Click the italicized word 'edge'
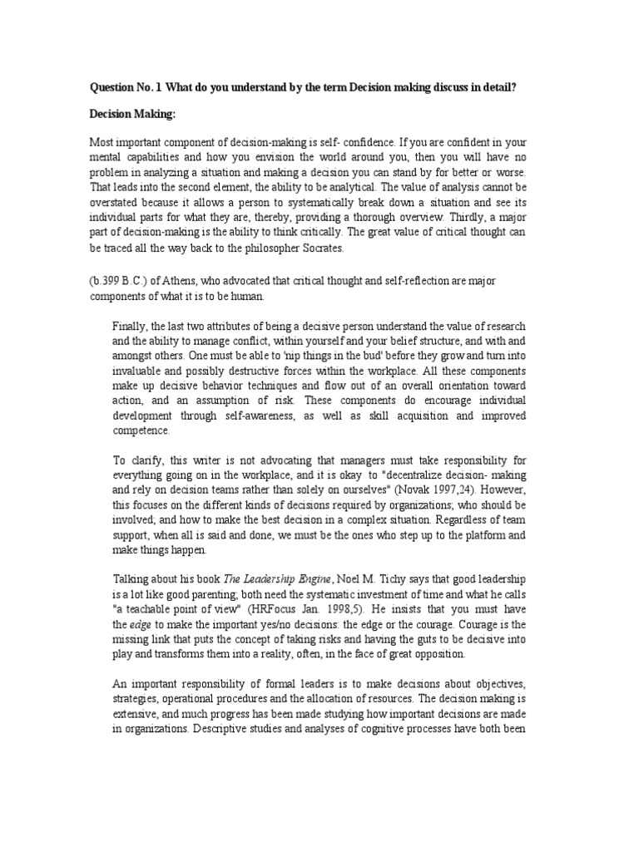pyautogui.click(x=142, y=624)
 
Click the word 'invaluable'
pyautogui.click(x=141, y=371)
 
